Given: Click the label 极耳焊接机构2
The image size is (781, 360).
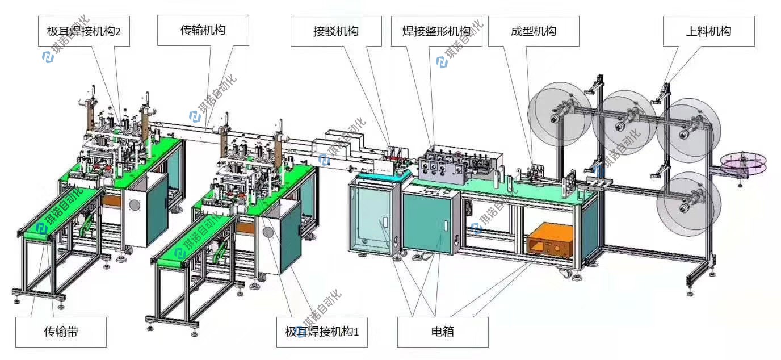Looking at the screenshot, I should click(x=84, y=31).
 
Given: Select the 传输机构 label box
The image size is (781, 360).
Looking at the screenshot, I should click(x=203, y=31).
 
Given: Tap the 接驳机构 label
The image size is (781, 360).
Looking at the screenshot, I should click(x=335, y=31).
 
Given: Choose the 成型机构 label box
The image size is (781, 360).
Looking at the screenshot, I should click(x=533, y=31).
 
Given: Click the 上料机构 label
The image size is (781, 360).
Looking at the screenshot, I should click(x=708, y=31).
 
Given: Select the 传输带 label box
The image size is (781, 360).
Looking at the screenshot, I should click(x=61, y=332).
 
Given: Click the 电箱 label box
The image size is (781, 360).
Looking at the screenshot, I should click(x=443, y=332).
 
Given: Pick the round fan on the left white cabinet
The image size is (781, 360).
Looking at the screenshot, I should click(x=136, y=206).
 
